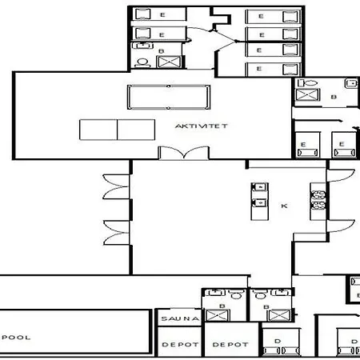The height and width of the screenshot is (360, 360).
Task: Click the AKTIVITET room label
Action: click(201, 126)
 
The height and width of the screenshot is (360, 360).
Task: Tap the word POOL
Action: click(16, 338)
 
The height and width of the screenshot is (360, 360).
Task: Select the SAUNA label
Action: click(180, 318)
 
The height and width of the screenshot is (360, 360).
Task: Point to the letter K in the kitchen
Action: click(284, 206)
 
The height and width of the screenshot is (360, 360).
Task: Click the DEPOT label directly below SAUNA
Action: click(180, 345)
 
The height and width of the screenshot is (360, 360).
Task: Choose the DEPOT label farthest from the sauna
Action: click(230, 345)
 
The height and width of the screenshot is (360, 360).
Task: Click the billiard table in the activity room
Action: click(169, 97)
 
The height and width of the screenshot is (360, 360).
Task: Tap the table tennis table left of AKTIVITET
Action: click(117, 130)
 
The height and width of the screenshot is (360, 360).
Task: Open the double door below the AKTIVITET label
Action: click(183, 153)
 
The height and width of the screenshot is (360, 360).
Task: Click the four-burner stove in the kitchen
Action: click(318, 200)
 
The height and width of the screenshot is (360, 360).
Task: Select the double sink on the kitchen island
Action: click(259, 195)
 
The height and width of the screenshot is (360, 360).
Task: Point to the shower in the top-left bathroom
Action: click(169, 62)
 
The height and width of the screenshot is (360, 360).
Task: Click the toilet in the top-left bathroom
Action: click(142, 63)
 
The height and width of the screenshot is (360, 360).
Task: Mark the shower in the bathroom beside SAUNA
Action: click(218, 315)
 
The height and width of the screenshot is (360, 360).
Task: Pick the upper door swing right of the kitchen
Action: click(341, 176)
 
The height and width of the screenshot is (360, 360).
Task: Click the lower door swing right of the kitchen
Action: click(341, 226)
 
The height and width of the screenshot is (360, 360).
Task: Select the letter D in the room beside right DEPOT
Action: click(278, 341)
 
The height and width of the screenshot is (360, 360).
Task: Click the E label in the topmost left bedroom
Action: click(162, 15)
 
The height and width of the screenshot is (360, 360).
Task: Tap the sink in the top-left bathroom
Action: click(143, 46)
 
